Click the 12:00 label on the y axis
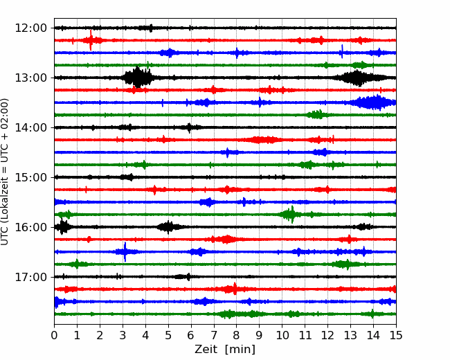(x=30, y=28)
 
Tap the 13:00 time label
(x=30, y=78)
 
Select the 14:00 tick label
(x=30, y=127)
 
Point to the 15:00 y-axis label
(x=30, y=177)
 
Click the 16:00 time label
(x=30, y=227)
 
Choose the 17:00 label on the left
(x=30, y=277)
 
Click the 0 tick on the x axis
(x=54, y=335)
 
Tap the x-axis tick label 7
(x=214, y=335)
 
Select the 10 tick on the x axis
(x=282, y=335)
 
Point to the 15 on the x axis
(x=396, y=335)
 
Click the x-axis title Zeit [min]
(x=225, y=350)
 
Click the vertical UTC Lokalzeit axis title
(x=4, y=172)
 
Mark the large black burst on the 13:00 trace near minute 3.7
(x=138, y=78)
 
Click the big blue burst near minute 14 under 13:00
(x=373, y=102)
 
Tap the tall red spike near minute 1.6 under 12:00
(x=91, y=40)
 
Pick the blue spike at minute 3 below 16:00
(x=125, y=252)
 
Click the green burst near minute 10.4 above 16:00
(x=291, y=215)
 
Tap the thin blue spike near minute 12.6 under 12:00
(x=342, y=52)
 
